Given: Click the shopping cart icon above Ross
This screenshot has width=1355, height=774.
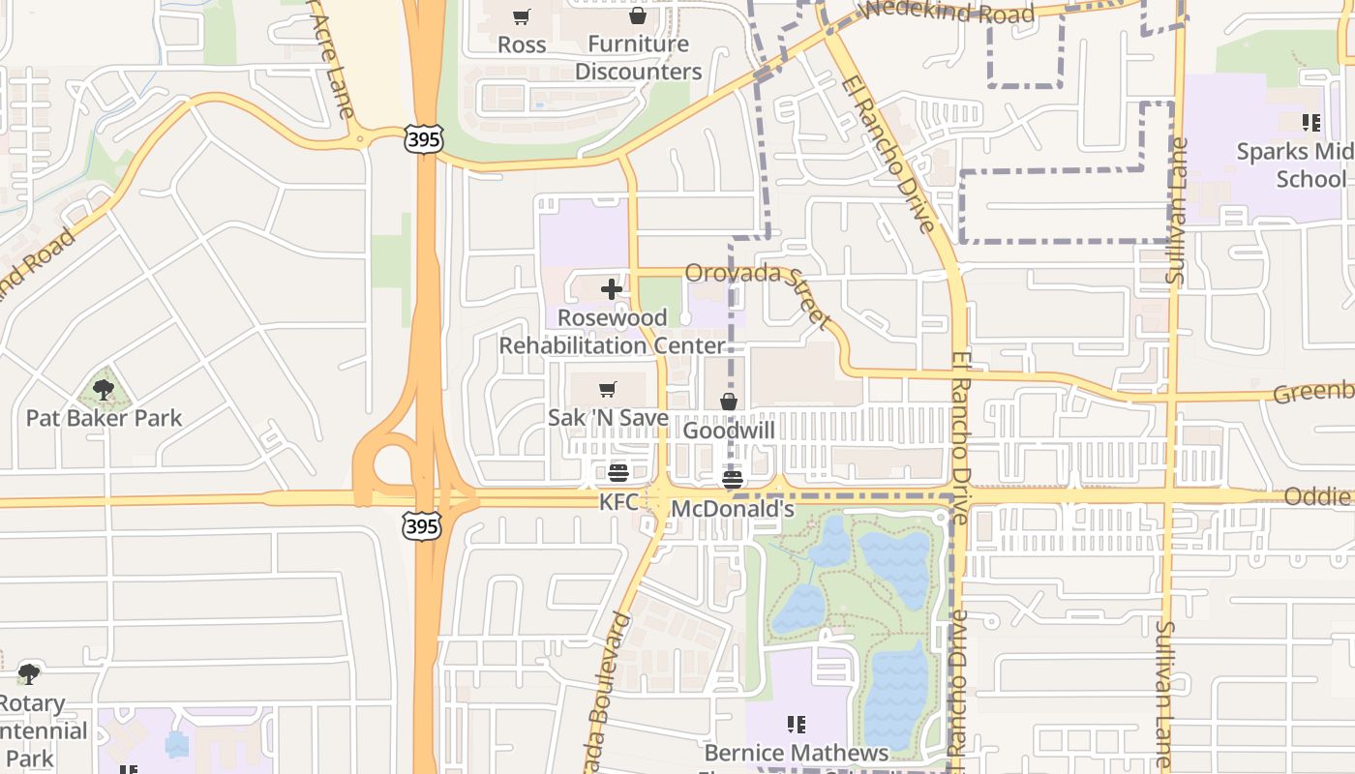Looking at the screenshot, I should click(x=522, y=16).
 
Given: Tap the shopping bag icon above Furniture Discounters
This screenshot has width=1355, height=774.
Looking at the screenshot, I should click(x=638, y=15).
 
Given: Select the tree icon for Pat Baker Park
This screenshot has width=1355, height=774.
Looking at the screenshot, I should click(x=104, y=390).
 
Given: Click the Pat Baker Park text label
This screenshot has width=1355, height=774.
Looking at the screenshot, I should click(x=104, y=418).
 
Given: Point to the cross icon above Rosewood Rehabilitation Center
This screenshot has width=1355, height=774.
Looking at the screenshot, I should click(x=611, y=289).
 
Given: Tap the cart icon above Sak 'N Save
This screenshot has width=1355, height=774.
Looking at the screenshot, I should click(x=608, y=390).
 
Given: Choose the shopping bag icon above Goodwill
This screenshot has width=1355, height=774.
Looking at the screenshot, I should click(x=729, y=402).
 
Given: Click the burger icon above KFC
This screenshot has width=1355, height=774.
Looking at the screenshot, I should click(x=618, y=473).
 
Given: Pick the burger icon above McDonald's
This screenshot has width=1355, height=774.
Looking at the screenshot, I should click(x=733, y=479).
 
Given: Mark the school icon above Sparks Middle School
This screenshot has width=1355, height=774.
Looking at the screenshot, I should click(x=1311, y=123).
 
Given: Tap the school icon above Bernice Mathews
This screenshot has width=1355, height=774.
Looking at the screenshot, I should click(x=797, y=724).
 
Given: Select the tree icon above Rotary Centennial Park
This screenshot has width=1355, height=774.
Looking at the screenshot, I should click(x=29, y=673).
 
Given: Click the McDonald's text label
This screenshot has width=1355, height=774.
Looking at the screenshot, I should click(x=733, y=509).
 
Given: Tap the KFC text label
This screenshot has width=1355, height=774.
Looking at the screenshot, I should click(x=619, y=502).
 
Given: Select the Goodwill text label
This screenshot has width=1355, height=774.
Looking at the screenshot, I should click(x=729, y=430).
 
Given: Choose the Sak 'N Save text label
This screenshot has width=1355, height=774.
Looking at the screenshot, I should click(x=608, y=418).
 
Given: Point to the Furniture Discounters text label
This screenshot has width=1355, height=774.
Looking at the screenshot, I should click(x=638, y=57).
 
